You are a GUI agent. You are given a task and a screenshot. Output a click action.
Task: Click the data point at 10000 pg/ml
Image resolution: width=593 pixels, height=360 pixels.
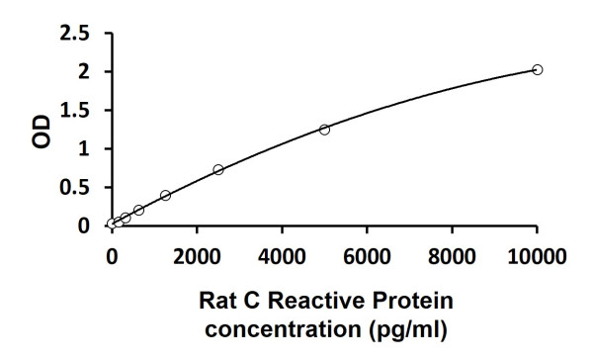pyautogui.click(x=538, y=69)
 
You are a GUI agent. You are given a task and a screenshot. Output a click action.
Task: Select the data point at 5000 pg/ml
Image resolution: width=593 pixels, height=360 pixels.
pyautogui.click(x=324, y=130)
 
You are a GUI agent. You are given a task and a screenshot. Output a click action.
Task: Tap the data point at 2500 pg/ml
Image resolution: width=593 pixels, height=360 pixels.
pyautogui.click(x=218, y=170)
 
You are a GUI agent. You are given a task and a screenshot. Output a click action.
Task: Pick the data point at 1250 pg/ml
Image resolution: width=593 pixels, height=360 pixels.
pyautogui.click(x=165, y=196)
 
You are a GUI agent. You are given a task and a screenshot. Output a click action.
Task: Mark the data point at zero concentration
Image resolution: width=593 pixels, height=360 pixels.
pyautogui.click(x=112, y=225)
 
